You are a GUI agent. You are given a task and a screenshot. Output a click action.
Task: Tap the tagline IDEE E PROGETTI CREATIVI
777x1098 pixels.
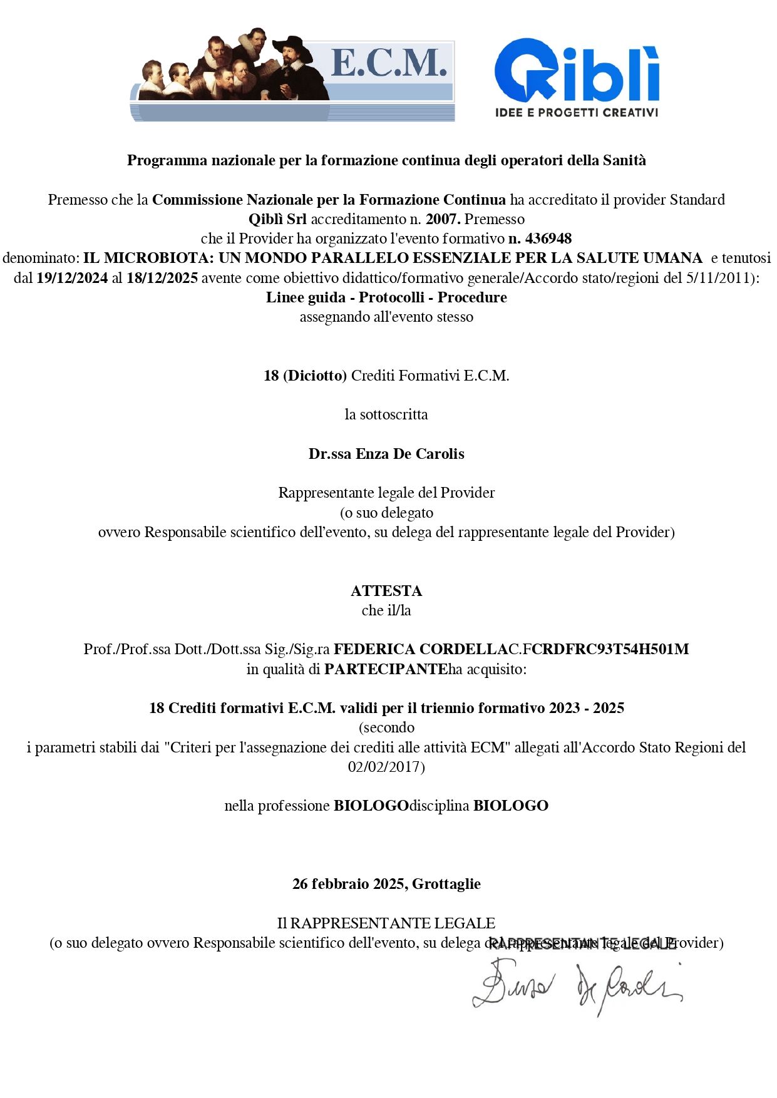coord(577,113)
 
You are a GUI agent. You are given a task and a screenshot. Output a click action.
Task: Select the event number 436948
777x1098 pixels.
coord(548,239)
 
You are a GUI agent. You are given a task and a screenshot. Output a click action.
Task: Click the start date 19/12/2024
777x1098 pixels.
coord(72,278)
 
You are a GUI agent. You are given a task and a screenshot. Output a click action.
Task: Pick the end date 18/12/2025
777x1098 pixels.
coord(162,278)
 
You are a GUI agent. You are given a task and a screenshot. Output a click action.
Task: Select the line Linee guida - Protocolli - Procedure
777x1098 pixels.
coord(386,297)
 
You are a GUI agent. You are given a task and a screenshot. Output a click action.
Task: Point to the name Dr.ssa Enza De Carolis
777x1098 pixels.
coord(386,454)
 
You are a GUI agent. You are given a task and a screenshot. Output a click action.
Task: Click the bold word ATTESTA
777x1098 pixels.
coord(386,590)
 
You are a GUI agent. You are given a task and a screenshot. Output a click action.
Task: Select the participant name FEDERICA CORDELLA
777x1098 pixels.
coord(421,649)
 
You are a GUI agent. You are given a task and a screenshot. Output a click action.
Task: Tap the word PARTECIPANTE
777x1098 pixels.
coord(386,669)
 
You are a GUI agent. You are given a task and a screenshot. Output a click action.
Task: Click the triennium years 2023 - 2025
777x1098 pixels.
coord(587,708)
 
